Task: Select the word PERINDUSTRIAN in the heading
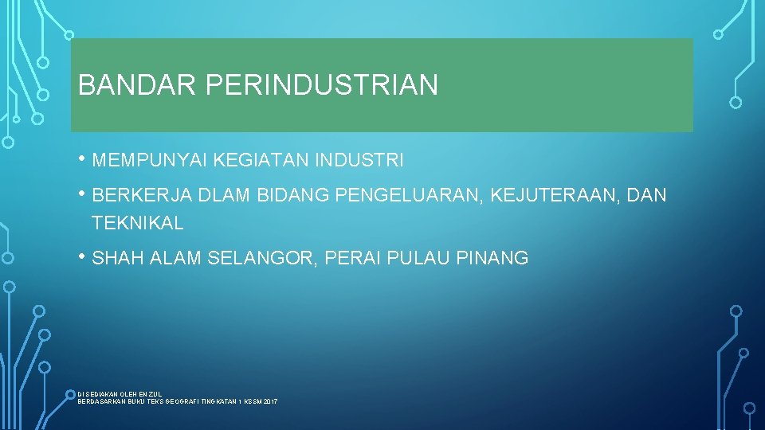(322, 85)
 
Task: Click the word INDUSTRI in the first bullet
(359, 161)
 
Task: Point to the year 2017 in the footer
(270, 402)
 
